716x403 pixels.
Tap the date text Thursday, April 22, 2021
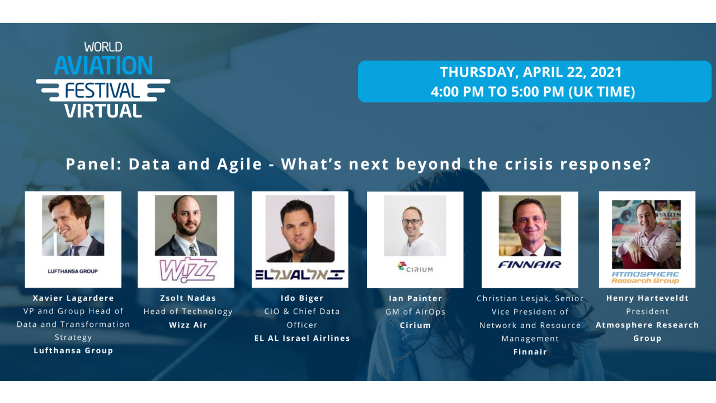pos(531,72)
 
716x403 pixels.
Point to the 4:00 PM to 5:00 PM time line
pos(533,92)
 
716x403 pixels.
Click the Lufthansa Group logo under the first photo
pos(73,271)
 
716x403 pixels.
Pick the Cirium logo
pos(415,268)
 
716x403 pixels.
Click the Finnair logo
pos(530,264)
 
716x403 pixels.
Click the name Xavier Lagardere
pos(73,298)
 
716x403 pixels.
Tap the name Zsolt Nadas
pos(188,298)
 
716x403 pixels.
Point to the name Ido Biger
pos(302,298)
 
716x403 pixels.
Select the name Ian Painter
pos(416,298)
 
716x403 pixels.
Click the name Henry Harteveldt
pos(647,298)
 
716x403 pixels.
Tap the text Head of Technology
pos(188,311)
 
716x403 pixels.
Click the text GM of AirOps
pos(416,312)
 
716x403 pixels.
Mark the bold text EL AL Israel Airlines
pos(302,338)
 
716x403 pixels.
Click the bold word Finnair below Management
pos(530,352)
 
